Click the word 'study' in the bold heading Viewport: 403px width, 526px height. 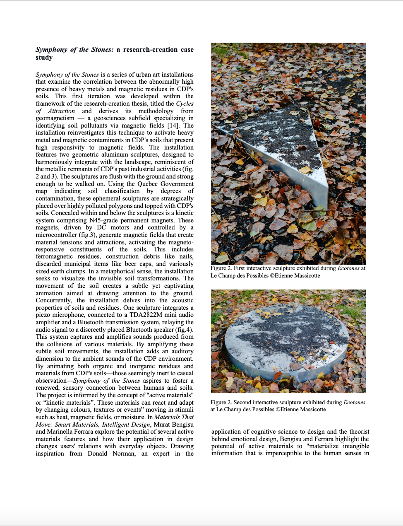(x=44, y=58)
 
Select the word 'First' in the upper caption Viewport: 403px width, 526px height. (x=240, y=268)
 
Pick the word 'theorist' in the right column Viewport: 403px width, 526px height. (x=359, y=432)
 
